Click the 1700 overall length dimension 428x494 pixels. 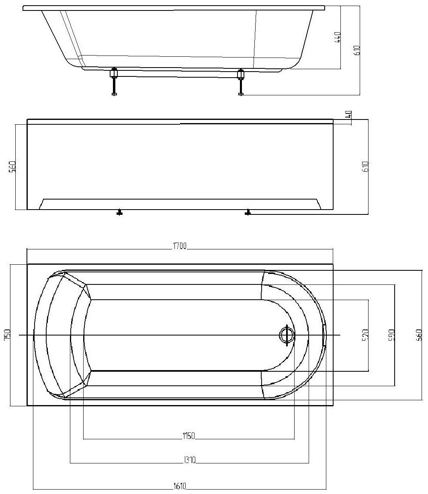(180, 246)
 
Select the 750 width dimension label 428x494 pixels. (7, 335)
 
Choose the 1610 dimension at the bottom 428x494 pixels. (180, 486)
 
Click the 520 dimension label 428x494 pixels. (365, 335)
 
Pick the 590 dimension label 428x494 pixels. (391, 335)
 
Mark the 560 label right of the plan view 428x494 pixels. (419, 335)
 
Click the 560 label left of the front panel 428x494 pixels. (12, 167)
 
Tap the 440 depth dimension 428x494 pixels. (338, 37)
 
